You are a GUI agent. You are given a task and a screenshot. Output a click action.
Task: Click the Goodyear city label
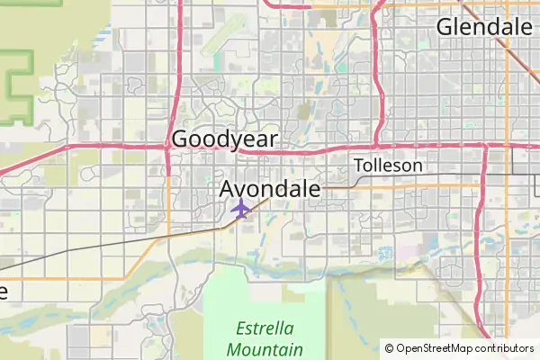tap(224, 139)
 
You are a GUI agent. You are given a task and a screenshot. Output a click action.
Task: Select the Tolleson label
tap(388, 166)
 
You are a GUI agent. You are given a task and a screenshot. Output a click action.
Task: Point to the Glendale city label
tap(484, 27)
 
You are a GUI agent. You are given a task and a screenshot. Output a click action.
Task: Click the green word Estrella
tap(265, 328)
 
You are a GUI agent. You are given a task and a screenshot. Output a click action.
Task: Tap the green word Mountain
tap(265, 349)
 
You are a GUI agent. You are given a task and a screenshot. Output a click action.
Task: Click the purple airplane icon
tap(240, 209)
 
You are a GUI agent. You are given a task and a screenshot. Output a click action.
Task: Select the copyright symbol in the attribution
tap(389, 348)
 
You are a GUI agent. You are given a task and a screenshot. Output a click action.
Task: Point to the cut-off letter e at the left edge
tap(3, 292)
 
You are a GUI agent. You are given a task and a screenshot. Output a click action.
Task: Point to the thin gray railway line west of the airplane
tap(135, 242)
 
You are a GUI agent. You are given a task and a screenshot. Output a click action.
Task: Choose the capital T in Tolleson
tap(359, 166)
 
